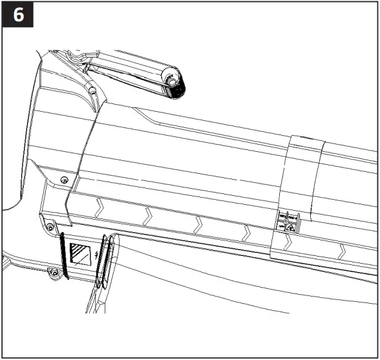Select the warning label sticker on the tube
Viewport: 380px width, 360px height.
pyautogui.click(x=287, y=221)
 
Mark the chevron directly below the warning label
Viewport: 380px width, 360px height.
pyautogui.click(x=288, y=243)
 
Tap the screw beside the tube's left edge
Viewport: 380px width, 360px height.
pyautogui.click(x=63, y=178)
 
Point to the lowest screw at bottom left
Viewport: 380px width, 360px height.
pyautogui.click(x=54, y=271)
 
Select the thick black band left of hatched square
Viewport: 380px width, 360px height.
pyautogui.click(x=62, y=257)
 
